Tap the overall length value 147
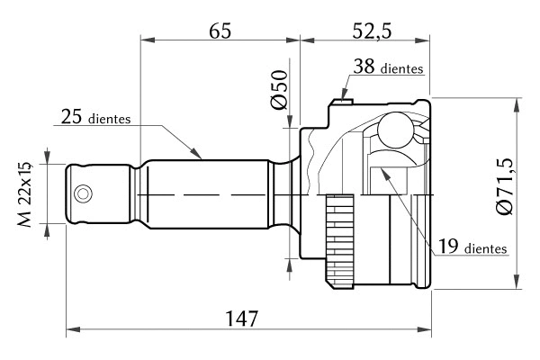point(243,318)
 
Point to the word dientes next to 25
point(111,118)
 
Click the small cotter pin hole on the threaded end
point(83,193)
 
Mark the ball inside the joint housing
point(393,130)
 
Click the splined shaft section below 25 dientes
point(207,193)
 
